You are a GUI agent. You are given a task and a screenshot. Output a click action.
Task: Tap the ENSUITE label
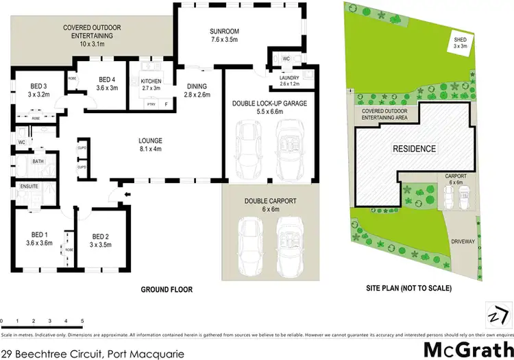coord(29,186)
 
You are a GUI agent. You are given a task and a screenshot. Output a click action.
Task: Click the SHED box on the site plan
coord(461,44)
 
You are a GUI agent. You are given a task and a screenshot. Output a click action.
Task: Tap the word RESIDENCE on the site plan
coord(413,148)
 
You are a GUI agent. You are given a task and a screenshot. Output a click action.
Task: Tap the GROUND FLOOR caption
coord(167,290)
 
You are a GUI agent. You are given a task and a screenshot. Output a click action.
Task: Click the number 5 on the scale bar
coord(82,321)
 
